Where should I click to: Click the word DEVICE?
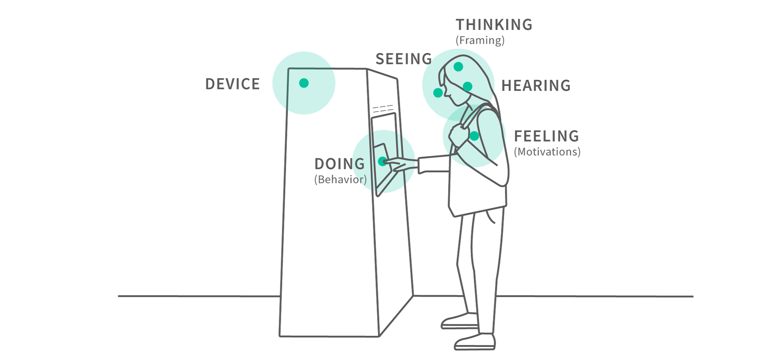pos(232,84)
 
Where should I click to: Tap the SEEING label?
pos(403,59)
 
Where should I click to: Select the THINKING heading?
pos(494,25)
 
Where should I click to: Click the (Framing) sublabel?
pos(480,40)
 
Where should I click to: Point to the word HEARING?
pos(536,86)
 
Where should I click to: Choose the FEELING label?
pos(546,136)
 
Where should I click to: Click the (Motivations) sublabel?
pos(547,152)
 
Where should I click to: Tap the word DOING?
pos(339,164)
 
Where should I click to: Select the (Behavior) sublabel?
pos(340,180)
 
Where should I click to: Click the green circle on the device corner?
pos(304,83)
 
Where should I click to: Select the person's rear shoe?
pos(459,322)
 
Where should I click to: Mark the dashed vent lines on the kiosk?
pos(382,109)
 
